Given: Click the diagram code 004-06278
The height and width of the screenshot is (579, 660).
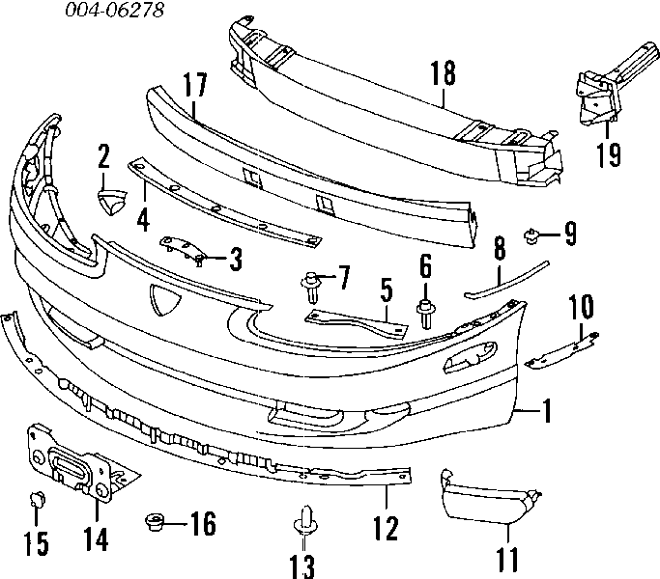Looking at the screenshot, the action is click(114, 10).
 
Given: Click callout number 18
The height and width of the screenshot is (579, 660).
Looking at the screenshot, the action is click(444, 73).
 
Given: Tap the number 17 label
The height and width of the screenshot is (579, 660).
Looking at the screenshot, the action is click(195, 85).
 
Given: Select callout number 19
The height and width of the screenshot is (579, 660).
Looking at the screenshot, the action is click(609, 154).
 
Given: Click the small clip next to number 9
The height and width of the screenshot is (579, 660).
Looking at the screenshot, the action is click(531, 235).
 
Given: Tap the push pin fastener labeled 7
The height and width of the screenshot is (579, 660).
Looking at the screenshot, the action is click(310, 287).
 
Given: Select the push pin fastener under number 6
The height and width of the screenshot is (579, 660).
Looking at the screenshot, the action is click(425, 314).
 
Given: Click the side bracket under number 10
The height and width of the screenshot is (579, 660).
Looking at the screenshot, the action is click(562, 350).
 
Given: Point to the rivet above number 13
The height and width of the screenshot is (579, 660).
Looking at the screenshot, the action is click(304, 520).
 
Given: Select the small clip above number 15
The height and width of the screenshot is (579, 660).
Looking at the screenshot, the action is click(37, 499).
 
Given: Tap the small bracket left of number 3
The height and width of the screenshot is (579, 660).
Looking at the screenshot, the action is click(183, 250).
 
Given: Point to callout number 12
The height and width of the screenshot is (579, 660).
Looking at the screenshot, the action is click(386, 528).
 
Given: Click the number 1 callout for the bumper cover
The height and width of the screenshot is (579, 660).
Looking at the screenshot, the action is click(546, 410).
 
